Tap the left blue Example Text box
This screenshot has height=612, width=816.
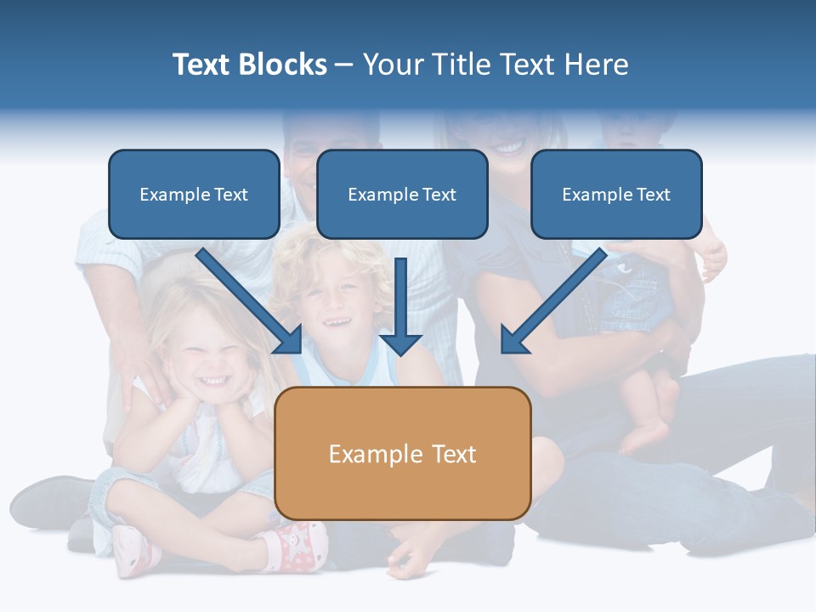tap(194, 195)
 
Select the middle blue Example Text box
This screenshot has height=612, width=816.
tap(402, 195)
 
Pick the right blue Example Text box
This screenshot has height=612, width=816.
tap(616, 195)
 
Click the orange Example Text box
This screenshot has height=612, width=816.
tap(403, 454)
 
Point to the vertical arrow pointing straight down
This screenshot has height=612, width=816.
tap(401, 306)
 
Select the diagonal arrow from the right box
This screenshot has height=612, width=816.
tap(554, 301)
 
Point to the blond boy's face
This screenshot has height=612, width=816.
tap(333, 303)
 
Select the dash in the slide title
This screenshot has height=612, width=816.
tap(344, 65)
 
